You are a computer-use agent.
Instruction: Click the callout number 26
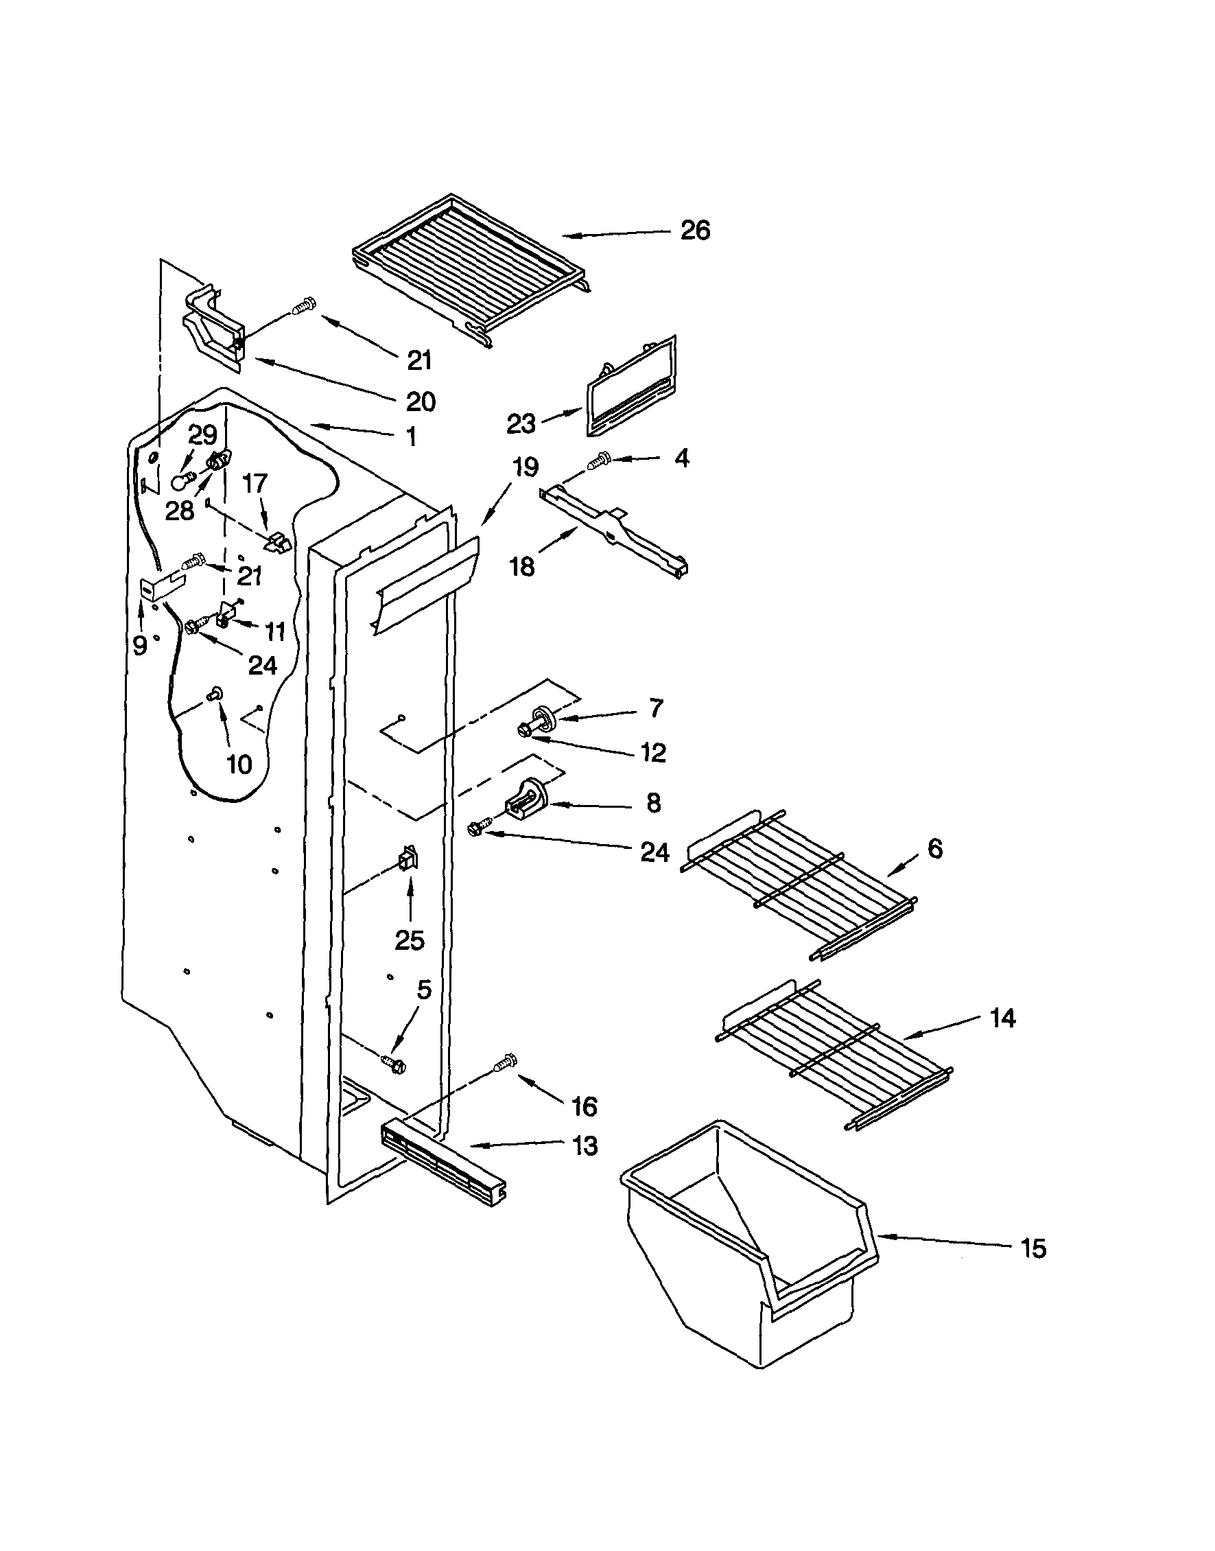coord(694,231)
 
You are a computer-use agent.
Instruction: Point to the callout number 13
coord(585,1146)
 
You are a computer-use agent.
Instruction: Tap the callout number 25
coord(409,941)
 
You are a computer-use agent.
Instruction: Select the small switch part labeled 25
coord(408,861)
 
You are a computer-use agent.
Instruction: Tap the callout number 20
coord(421,402)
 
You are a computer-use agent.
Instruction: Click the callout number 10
coord(239,764)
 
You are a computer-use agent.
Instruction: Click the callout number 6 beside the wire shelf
coord(934,848)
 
